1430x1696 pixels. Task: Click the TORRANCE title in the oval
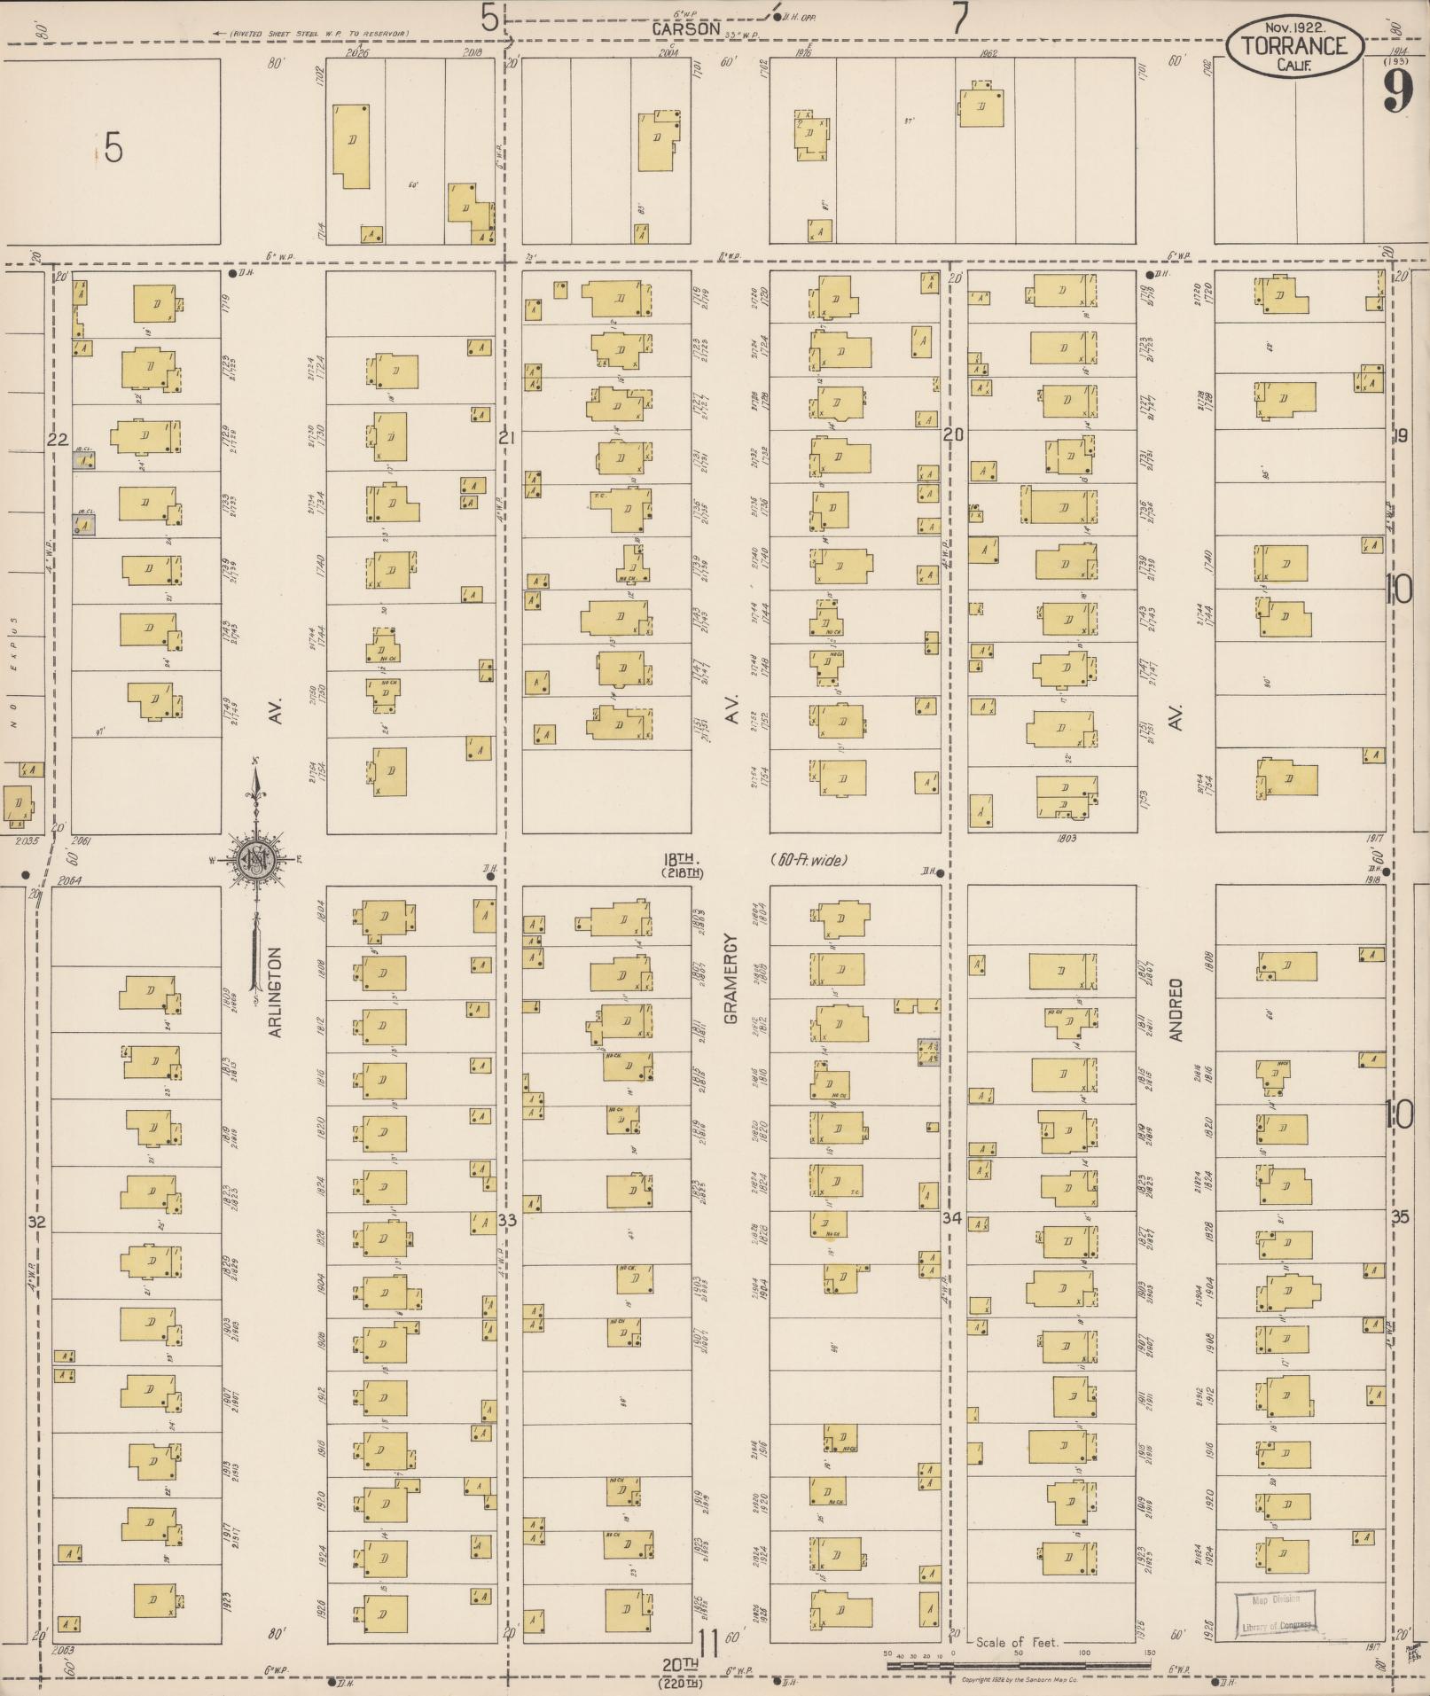coord(1294,46)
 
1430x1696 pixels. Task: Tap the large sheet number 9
coord(1397,90)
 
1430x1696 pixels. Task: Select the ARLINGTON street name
coord(275,992)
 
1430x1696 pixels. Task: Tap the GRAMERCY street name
coord(731,978)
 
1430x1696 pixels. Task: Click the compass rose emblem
coord(256,859)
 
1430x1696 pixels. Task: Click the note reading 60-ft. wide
coord(809,859)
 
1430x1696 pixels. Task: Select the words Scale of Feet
coord(1017,1642)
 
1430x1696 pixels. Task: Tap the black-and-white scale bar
coord(1020,1664)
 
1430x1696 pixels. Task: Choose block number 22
coord(59,439)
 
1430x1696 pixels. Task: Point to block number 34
coord(952,1218)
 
